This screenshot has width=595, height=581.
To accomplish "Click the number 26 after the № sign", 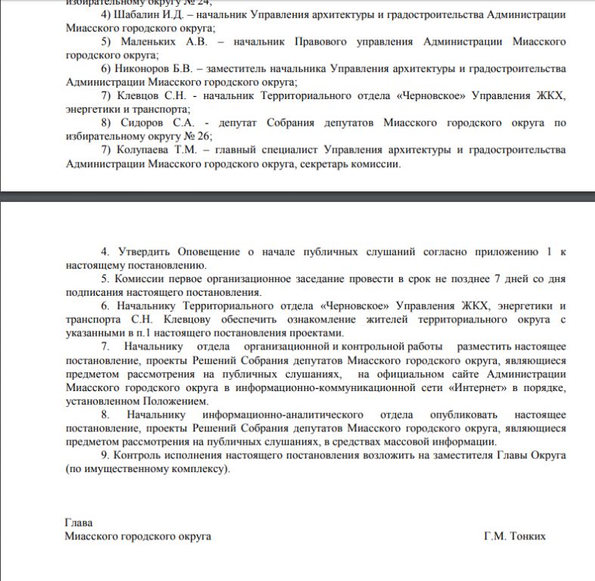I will point(202,136).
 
